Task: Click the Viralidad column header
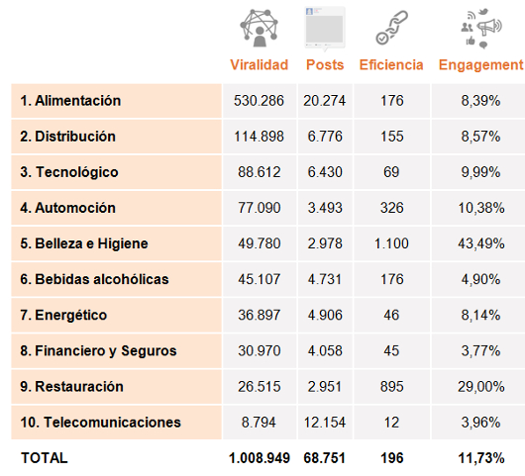(x=260, y=65)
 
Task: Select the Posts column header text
(x=325, y=65)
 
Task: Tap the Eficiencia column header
(x=391, y=65)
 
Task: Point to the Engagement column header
(x=480, y=65)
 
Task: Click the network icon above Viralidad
(x=259, y=29)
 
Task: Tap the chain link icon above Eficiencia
(x=391, y=28)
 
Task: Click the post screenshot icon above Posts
(x=325, y=29)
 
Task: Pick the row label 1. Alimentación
(x=70, y=101)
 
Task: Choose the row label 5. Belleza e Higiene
(x=84, y=243)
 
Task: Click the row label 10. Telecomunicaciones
(x=100, y=423)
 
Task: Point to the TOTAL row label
(x=45, y=458)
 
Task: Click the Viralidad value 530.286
(x=259, y=101)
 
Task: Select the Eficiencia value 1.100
(x=391, y=243)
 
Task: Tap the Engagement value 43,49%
(x=481, y=243)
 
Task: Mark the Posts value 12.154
(x=325, y=423)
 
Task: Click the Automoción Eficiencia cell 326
(x=391, y=208)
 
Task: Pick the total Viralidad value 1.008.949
(x=260, y=458)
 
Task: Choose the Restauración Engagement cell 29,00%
(x=481, y=387)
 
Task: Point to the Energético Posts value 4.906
(x=325, y=315)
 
